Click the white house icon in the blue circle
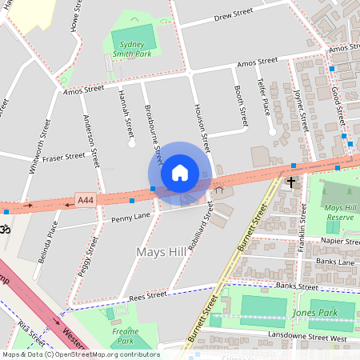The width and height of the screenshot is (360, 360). point(180,172)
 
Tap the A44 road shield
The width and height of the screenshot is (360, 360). point(85,199)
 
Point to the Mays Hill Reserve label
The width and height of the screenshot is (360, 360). point(339,212)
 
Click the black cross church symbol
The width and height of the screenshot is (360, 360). point(291,183)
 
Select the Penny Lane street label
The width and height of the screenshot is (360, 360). point(131,217)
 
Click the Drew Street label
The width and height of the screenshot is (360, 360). point(234,17)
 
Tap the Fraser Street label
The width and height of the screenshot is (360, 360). point(64,157)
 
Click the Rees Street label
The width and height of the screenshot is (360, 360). point(147,295)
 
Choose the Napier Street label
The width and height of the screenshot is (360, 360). point(341,240)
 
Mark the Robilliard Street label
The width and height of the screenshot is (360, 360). point(198,227)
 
